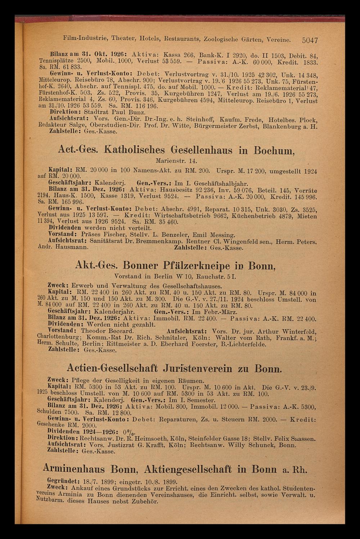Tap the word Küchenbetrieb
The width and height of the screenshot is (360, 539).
point(269,217)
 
